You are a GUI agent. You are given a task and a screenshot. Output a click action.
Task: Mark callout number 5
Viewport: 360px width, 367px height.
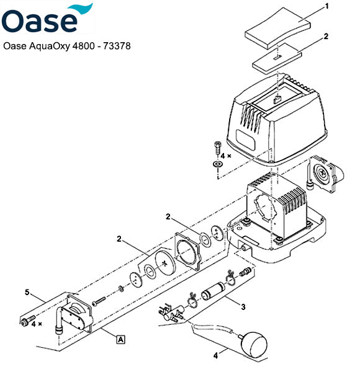coord(26,292)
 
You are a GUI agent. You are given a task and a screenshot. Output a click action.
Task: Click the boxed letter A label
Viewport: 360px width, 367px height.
coord(120,338)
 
